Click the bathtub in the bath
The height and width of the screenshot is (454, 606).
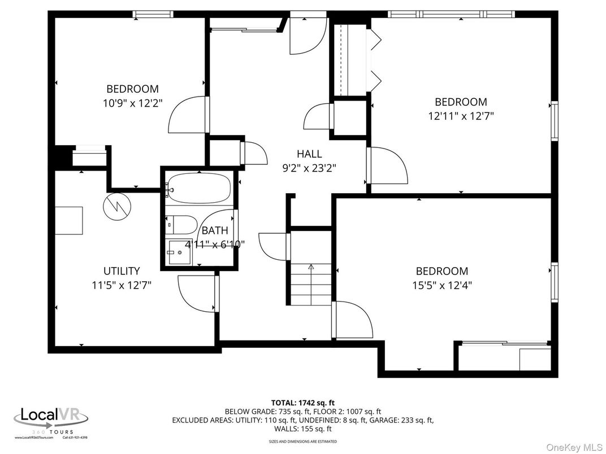(199, 189)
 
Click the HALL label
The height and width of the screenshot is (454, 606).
(309, 154)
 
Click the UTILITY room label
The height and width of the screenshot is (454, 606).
(121, 271)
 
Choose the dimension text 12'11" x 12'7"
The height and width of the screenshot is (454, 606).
(461, 116)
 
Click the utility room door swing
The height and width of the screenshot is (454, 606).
(195, 293)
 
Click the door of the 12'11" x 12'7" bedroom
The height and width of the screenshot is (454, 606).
(389, 165)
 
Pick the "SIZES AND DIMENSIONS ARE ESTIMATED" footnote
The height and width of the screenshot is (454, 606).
(302, 441)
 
